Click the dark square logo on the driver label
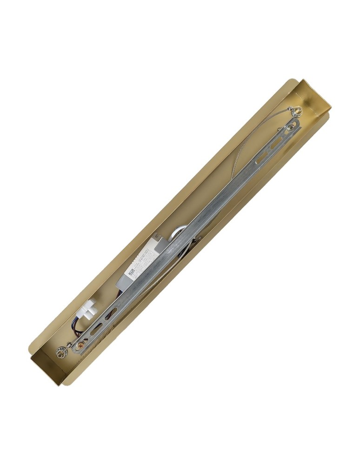pos(132,270)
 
